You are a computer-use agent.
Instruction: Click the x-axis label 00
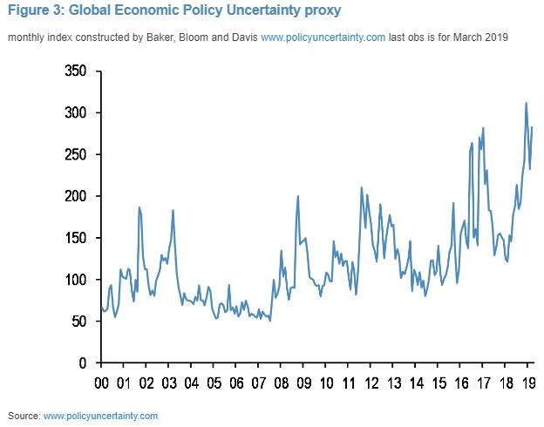(101, 383)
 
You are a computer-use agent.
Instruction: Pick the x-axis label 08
(282, 383)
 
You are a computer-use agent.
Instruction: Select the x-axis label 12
(371, 383)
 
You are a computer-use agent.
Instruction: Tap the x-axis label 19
(528, 383)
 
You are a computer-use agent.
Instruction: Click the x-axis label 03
(169, 383)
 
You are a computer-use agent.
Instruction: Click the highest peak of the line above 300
(526, 103)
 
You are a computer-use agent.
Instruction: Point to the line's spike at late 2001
(139, 207)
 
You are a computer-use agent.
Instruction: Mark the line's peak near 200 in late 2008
(298, 196)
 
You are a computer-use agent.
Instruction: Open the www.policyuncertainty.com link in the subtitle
(323, 38)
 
